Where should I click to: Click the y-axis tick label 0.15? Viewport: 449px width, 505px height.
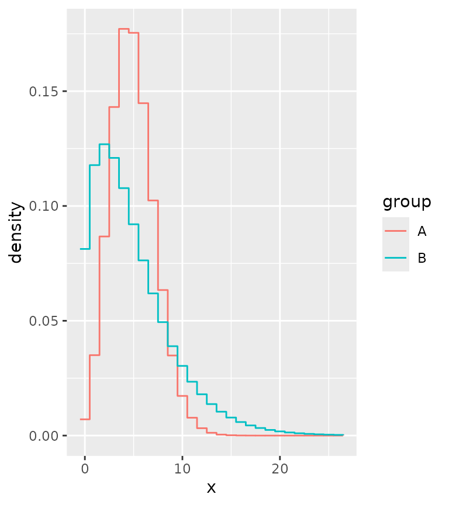click(48, 92)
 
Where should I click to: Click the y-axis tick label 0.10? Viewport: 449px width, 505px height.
click(48, 206)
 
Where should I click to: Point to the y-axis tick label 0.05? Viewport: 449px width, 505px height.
click(48, 321)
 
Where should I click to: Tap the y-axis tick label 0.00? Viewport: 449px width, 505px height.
click(48, 436)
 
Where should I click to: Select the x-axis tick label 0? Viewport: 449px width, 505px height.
click(85, 469)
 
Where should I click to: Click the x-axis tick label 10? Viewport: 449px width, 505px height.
click(182, 469)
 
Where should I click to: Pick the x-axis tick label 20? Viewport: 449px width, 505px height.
click(280, 469)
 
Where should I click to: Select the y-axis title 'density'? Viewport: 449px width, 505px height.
click(16, 232)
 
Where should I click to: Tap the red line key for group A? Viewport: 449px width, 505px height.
click(396, 231)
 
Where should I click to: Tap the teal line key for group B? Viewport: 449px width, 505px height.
click(396, 257)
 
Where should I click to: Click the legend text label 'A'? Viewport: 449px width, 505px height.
click(422, 231)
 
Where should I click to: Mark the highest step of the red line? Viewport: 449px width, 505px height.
click(123, 29)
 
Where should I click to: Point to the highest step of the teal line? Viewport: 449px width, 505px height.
click(104, 144)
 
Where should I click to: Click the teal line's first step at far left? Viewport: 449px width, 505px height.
click(85, 249)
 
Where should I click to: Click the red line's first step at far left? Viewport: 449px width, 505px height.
click(85, 419)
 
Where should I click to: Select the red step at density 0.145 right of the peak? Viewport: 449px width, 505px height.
click(143, 103)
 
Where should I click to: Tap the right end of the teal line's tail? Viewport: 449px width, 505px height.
click(343, 435)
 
